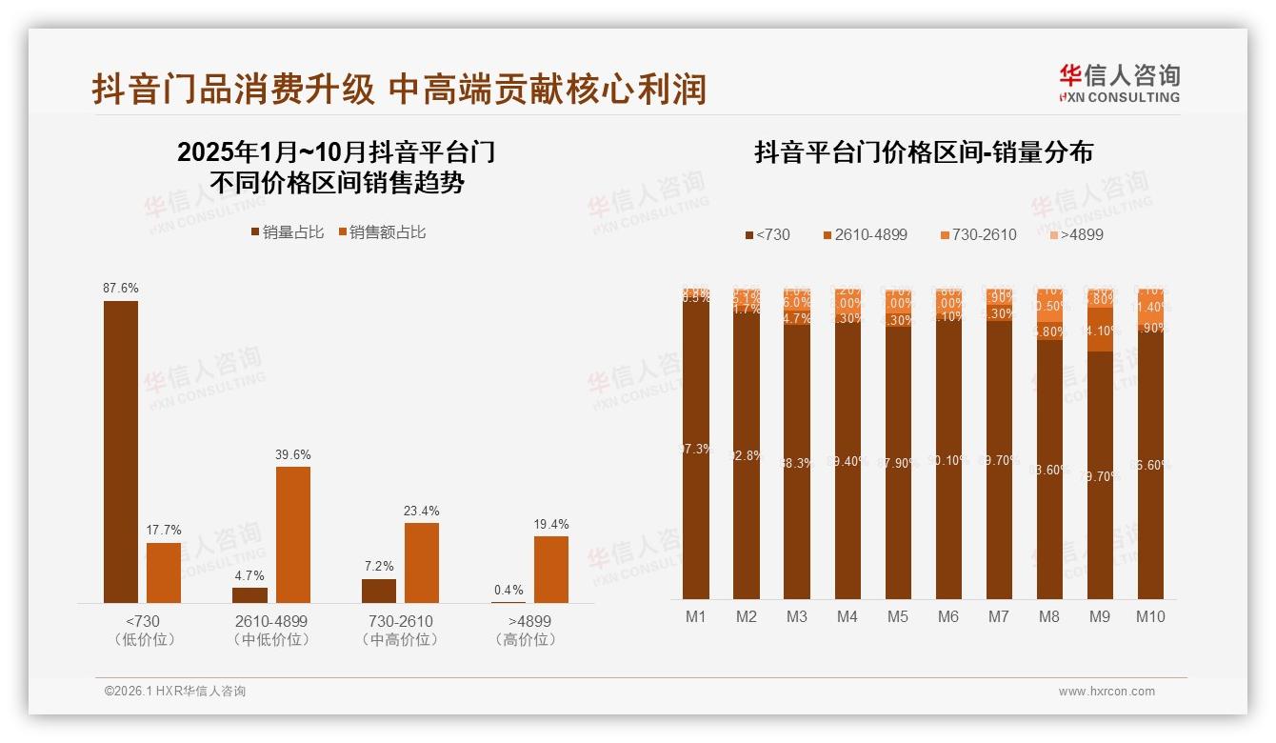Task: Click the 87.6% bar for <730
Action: coord(121,452)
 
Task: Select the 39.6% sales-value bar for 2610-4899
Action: coord(293,534)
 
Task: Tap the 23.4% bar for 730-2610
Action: coord(422,562)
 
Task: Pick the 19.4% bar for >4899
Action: coord(551,570)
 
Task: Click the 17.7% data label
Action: coord(164,531)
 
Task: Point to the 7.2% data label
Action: coord(378,567)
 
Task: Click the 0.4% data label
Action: coord(508,591)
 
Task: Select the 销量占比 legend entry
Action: coord(288,232)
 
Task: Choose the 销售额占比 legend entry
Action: coord(382,232)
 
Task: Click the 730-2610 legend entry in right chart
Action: coord(978,234)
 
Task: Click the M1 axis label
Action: coord(696,617)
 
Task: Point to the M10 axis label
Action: coord(1150,617)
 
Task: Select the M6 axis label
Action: coord(948,617)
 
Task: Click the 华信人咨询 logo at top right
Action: coord(1120,84)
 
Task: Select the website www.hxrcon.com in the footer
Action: coord(1107,692)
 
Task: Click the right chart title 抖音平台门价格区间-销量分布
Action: coord(924,153)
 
